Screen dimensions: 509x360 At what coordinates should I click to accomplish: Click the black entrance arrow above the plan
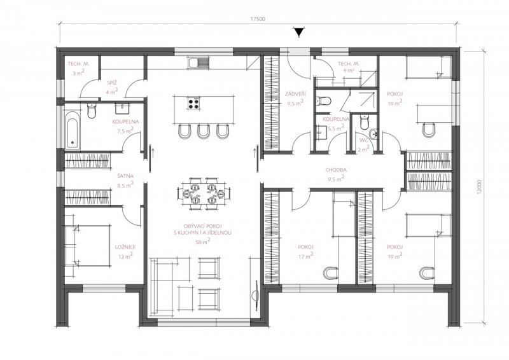(298, 33)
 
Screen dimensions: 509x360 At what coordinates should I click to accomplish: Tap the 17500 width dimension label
(258, 19)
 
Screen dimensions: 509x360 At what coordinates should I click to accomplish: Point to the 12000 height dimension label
(479, 187)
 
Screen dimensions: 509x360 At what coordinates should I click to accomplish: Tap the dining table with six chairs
(204, 195)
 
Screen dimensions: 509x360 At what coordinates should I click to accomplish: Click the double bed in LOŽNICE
(88, 245)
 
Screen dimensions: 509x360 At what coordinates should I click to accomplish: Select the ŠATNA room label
(125, 176)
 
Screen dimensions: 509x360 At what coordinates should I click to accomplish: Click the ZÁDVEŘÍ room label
(295, 93)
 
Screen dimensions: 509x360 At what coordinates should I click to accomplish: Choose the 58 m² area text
(203, 241)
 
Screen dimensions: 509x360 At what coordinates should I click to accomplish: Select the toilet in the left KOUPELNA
(92, 111)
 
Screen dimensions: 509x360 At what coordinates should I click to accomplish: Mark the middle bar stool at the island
(203, 130)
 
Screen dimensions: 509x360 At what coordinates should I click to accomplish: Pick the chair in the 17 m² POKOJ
(331, 273)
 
